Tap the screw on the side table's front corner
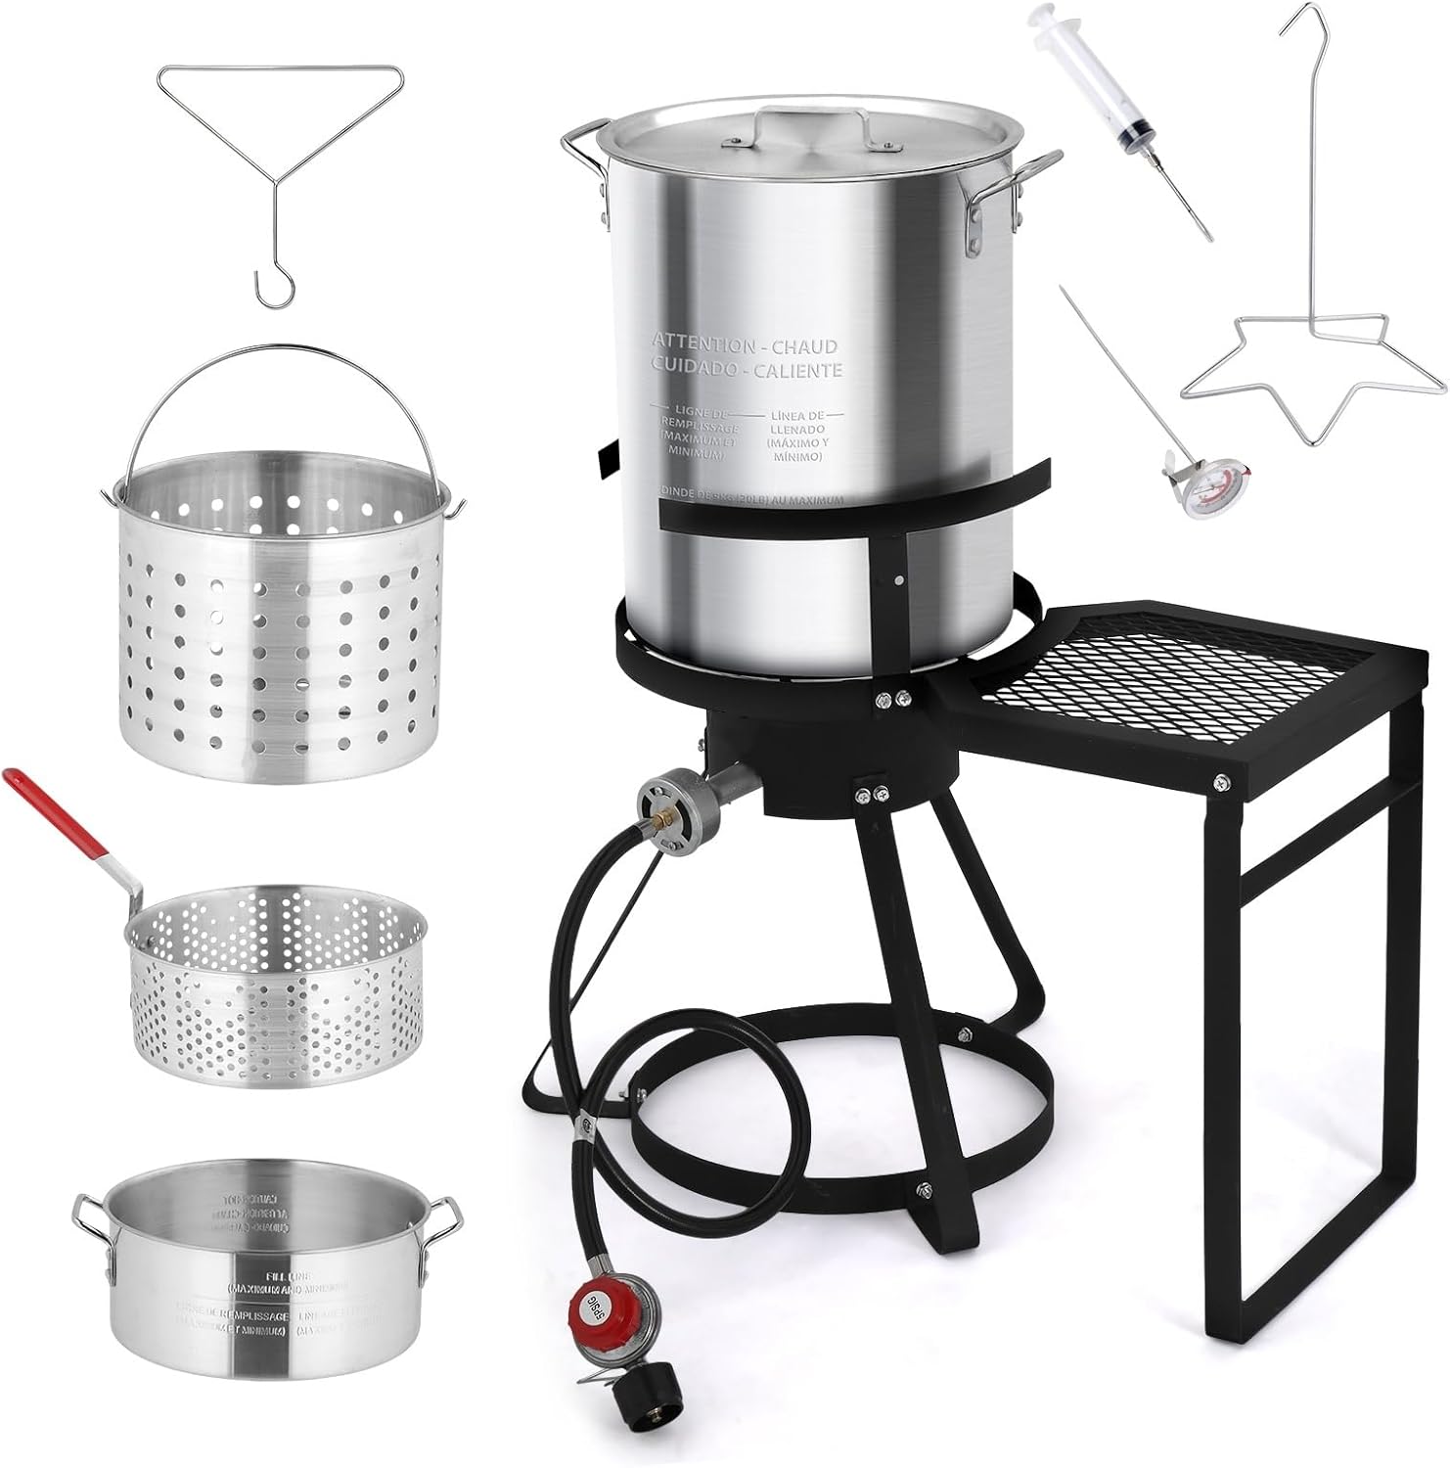[x=1220, y=782]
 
